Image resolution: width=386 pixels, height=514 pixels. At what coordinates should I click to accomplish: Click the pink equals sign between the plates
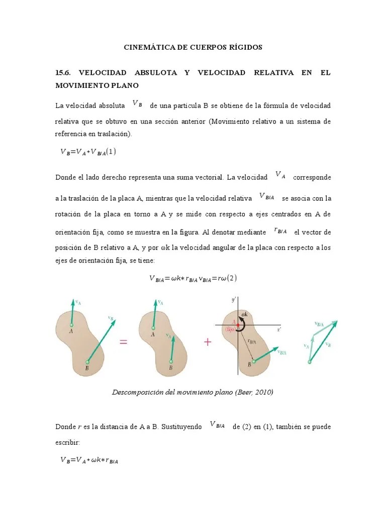tap(123, 342)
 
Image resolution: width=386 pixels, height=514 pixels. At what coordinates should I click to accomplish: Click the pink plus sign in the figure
tap(207, 342)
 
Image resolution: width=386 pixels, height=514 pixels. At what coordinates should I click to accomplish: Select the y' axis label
tap(234, 300)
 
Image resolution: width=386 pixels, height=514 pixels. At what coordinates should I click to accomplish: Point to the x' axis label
tap(279, 330)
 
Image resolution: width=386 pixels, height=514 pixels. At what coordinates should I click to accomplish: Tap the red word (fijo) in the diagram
tap(233, 330)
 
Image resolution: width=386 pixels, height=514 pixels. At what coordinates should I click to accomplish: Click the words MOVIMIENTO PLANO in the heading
tap(97, 86)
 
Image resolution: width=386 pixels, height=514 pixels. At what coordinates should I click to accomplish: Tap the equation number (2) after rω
tap(232, 279)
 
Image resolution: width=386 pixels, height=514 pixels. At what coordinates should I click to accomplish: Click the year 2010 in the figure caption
tap(261, 392)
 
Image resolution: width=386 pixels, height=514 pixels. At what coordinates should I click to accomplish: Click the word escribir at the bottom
tap(67, 443)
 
